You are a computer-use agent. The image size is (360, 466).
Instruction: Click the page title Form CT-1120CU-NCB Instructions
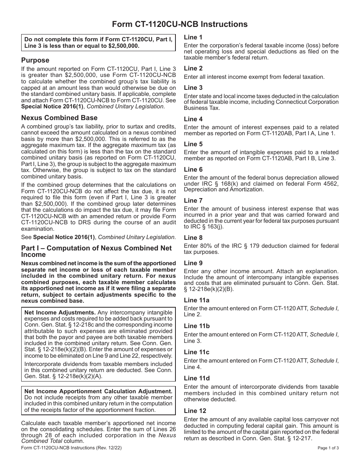(180, 24)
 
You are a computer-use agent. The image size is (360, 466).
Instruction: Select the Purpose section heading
(35, 60)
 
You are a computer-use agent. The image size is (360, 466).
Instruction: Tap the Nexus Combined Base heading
(59, 118)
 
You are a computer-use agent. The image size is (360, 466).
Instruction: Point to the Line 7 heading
(193, 200)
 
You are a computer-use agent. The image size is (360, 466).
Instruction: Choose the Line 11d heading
(197, 378)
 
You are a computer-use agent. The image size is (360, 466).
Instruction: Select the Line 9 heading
(193, 263)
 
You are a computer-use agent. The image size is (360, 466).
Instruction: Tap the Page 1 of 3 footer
(328, 448)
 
